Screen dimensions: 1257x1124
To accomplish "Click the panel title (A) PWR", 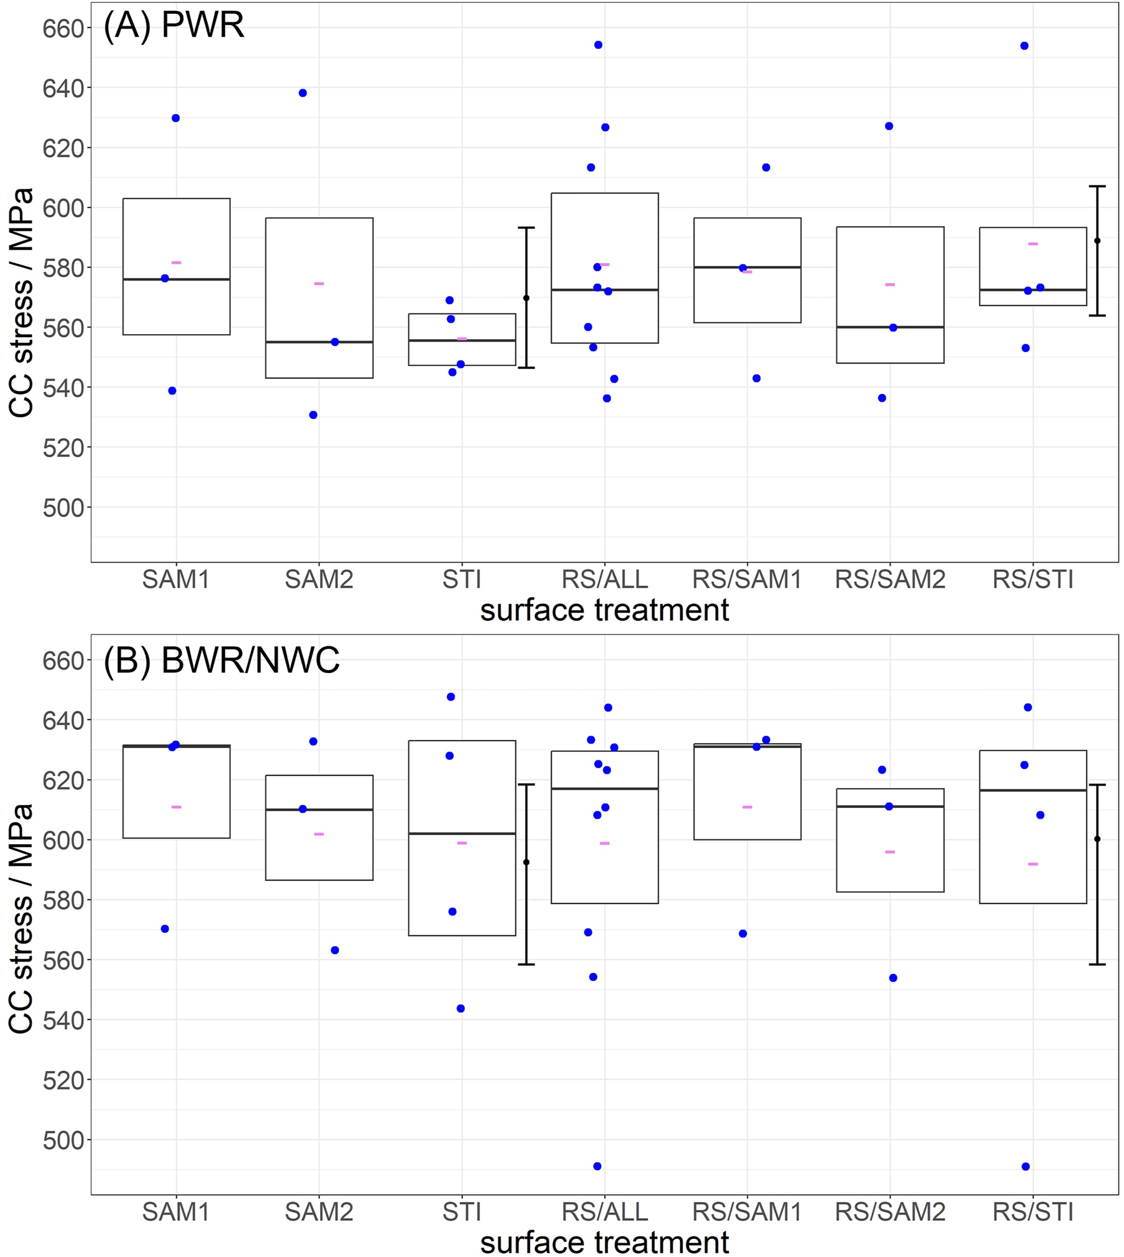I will click(173, 26).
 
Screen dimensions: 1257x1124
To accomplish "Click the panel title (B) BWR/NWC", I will click(222, 660).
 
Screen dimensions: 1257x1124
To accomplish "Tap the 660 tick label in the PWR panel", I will click(63, 29).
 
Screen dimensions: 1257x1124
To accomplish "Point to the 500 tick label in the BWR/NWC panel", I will click(63, 1141).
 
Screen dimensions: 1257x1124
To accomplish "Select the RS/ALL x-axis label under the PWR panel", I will click(604, 579).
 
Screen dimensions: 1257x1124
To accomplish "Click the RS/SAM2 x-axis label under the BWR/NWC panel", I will click(890, 1212).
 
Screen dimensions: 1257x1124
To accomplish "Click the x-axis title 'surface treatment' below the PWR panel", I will click(604, 610).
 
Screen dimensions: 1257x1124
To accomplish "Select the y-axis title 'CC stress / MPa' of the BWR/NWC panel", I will click(21, 918).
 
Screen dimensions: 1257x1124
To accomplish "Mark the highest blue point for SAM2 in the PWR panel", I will click(303, 93).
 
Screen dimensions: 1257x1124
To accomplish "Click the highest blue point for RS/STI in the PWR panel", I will click(1024, 46).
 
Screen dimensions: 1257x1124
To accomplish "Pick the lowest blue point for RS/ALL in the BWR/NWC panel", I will click(597, 1166).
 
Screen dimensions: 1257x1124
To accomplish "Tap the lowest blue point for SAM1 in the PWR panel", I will click(172, 391).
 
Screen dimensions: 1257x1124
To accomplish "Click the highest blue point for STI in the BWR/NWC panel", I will click(451, 697).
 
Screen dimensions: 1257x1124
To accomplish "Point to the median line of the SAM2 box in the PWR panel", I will click(319, 342).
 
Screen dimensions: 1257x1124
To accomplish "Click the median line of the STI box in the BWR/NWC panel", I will click(462, 834).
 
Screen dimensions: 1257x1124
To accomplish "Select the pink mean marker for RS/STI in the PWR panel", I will click(1033, 244).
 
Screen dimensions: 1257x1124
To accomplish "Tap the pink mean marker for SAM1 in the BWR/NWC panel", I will click(177, 807).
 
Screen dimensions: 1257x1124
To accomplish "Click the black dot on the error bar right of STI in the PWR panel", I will click(526, 298).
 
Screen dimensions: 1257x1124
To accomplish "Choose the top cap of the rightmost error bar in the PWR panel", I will click(1097, 186).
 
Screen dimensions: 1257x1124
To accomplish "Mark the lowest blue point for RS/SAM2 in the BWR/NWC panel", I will click(893, 978).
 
